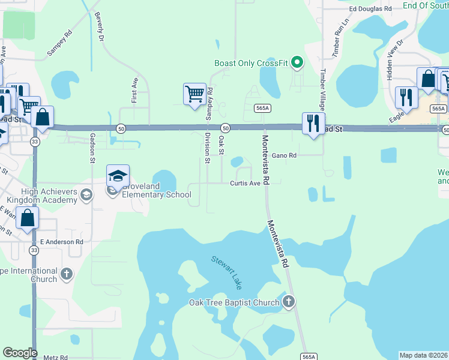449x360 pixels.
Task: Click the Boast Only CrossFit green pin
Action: pos(296,62)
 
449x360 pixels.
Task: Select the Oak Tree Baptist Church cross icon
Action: pos(289,302)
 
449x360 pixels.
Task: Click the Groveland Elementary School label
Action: pos(156,190)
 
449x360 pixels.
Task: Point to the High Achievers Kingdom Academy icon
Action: pos(86,194)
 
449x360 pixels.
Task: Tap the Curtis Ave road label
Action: pos(245,183)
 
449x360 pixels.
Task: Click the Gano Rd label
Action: pos(285,155)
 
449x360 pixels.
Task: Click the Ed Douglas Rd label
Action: pos(370,9)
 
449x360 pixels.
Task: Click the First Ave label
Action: pos(134,89)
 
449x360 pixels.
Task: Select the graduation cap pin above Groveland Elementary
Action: pos(118,176)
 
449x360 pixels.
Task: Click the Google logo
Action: pos(20,353)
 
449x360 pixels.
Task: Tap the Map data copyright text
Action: pos(424,355)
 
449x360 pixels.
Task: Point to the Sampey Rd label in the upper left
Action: pos(60,43)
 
